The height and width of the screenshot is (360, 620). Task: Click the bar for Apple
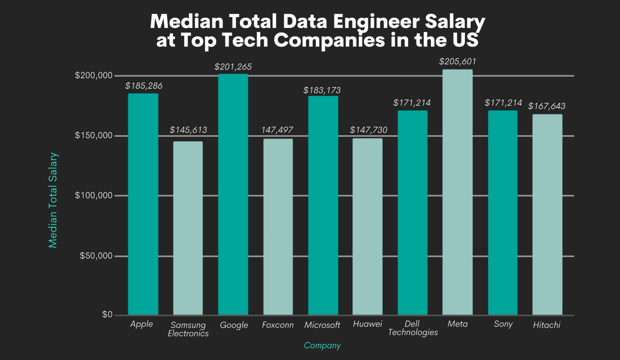[x=143, y=204]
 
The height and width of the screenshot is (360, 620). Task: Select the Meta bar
[x=457, y=192]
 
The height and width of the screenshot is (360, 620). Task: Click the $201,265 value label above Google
[x=233, y=67]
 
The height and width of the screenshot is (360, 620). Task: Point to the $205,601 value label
[x=457, y=61]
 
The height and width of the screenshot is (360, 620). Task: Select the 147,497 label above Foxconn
[x=277, y=130]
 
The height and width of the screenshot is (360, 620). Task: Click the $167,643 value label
[x=546, y=106]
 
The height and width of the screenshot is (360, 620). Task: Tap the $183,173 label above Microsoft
[x=322, y=90]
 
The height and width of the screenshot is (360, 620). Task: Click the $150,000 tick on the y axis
[x=93, y=135]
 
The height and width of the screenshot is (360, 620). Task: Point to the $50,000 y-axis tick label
[x=96, y=256]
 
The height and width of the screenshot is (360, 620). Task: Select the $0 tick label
[x=107, y=314]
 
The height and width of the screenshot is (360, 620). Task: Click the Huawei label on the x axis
[x=367, y=324]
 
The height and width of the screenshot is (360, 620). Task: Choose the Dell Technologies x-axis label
[x=413, y=328]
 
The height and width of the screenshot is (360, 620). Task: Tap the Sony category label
[x=503, y=324]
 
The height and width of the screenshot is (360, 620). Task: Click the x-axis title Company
[x=322, y=345]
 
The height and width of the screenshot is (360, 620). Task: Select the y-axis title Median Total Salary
[x=53, y=200]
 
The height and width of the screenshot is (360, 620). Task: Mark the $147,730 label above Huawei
[x=368, y=130]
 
